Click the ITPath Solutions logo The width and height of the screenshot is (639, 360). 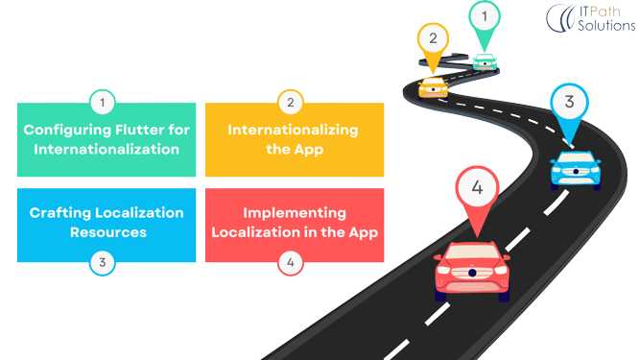589,17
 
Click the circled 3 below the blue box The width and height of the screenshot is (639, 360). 103,261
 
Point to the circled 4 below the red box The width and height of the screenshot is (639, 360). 290,261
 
